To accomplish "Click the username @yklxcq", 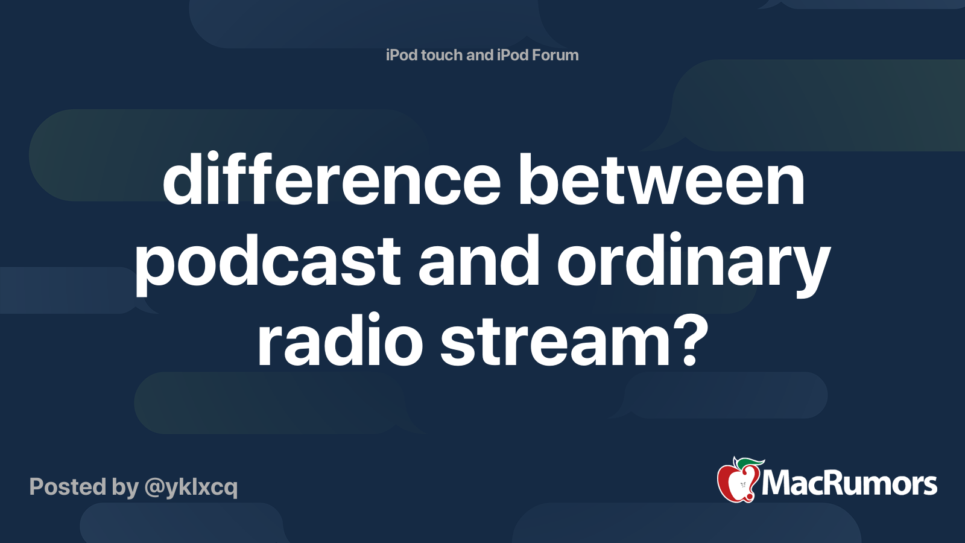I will point(191,487).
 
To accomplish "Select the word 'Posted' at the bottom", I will point(68,487).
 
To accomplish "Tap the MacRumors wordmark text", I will point(849,484).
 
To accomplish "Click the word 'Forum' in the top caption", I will point(555,55).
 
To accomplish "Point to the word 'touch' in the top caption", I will point(442,55).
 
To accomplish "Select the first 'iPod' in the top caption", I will point(402,55).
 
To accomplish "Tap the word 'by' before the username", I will point(125,487).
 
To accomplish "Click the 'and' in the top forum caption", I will point(479,55).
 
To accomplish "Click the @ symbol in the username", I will point(154,487).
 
